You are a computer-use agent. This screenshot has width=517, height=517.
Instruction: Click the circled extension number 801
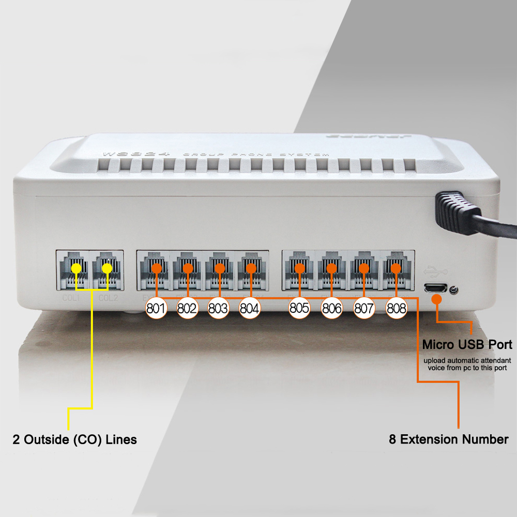[155, 309]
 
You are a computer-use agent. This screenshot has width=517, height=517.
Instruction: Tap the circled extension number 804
[250, 309]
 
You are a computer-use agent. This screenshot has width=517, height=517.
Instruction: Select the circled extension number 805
[299, 309]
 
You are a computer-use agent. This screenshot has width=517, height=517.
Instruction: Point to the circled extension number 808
[397, 309]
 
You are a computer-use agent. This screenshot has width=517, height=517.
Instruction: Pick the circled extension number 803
[219, 309]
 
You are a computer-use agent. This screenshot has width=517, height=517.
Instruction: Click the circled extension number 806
[331, 309]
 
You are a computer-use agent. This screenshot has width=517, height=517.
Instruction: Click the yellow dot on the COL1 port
[76, 268]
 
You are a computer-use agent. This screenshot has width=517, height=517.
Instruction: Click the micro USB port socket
[435, 288]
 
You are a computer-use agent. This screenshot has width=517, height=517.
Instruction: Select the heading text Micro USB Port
[467, 344]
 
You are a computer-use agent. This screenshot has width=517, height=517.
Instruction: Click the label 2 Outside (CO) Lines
[75, 440]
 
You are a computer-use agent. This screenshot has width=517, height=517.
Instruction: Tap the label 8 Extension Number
[449, 440]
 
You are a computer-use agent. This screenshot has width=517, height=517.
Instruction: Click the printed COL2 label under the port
[108, 298]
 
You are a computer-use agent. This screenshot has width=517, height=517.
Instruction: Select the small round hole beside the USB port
[453, 290]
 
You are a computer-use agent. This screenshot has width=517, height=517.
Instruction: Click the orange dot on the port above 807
[364, 268]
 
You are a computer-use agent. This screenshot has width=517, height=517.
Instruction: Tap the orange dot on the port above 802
[188, 268]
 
